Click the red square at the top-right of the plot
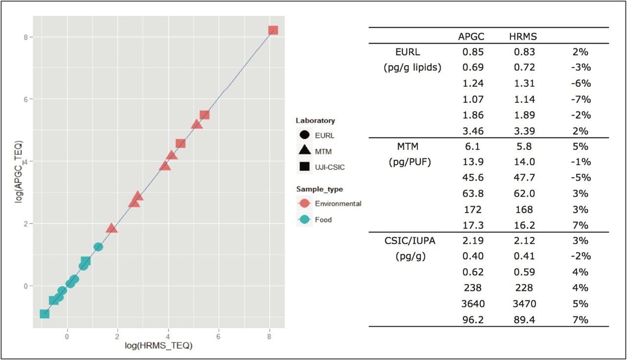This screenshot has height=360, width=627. [273, 30]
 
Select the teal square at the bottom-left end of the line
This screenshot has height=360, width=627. [45, 313]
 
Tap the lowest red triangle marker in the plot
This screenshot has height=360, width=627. [112, 228]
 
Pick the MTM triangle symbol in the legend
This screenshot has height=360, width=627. [304, 151]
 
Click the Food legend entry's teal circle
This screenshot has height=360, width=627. [304, 220]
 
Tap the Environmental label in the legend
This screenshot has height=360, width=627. [338, 204]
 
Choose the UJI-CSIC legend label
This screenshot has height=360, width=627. [330, 167]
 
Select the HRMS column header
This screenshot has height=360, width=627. [523, 36]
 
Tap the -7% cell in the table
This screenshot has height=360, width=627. [581, 99]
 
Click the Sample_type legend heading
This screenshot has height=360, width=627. [319, 189]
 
